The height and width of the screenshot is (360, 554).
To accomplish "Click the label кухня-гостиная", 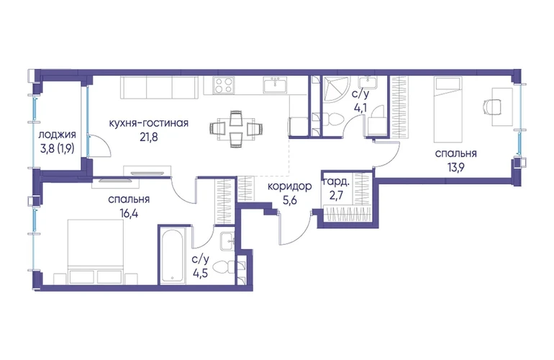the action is [x=148, y=123].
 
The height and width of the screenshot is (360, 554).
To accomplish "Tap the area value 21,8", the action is [x=148, y=137].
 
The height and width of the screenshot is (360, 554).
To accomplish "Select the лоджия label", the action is [x=58, y=135].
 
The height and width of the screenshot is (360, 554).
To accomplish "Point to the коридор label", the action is [x=289, y=186].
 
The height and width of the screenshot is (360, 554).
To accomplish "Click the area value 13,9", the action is [x=455, y=167].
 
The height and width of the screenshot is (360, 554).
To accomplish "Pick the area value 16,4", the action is [x=129, y=213].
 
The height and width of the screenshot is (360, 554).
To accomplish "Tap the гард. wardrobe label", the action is [x=337, y=182].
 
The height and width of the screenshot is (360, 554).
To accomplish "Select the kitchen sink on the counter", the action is [x=275, y=85].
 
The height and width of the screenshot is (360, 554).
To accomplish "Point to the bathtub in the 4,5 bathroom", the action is [x=173, y=256].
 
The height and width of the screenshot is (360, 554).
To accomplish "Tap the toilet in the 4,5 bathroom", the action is [x=224, y=267].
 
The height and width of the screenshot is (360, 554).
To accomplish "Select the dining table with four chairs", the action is [x=236, y=128].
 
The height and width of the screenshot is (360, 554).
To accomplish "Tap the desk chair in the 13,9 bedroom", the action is [x=491, y=107].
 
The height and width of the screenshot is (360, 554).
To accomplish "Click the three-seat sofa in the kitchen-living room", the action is [x=158, y=87].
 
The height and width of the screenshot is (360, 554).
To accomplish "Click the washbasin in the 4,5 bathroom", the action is [x=227, y=241].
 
